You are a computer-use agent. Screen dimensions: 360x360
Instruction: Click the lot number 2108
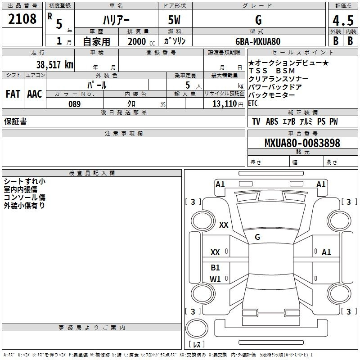click(x=22, y=19)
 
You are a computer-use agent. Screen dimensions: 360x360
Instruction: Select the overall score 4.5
click(x=343, y=21)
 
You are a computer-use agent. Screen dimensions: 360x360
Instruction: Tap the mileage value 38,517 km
click(x=55, y=65)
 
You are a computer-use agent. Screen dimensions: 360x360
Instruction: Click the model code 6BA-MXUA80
click(x=258, y=41)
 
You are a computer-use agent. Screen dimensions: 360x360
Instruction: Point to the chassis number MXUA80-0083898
click(x=302, y=143)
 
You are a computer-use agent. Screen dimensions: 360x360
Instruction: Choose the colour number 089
click(x=75, y=104)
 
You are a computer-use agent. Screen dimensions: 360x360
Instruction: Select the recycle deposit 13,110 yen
click(x=228, y=104)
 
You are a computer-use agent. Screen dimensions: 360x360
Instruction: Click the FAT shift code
click(x=13, y=94)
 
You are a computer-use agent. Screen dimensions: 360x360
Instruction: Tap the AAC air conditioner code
click(x=35, y=94)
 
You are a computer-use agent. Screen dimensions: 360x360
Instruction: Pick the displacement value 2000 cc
click(x=141, y=41)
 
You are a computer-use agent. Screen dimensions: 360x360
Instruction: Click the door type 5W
click(x=174, y=20)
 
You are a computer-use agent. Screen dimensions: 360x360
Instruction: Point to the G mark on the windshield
click(x=257, y=237)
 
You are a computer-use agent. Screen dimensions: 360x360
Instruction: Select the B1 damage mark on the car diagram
click(x=215, y=267)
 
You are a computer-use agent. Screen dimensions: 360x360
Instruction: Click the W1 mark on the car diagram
click(x=215, y=279)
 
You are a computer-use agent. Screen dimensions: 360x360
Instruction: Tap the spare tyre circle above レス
click(x=197, y=328)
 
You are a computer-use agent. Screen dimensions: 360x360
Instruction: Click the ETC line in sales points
click(x=253, y=103)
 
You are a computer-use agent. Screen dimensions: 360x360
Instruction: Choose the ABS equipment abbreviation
click(x=272, y=121)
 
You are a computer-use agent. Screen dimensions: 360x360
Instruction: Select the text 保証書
click(x=15, y=121)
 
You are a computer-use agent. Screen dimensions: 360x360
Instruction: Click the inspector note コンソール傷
click(x=25, y=198)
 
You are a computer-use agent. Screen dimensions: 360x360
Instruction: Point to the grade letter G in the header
click(x=258, y=20)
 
